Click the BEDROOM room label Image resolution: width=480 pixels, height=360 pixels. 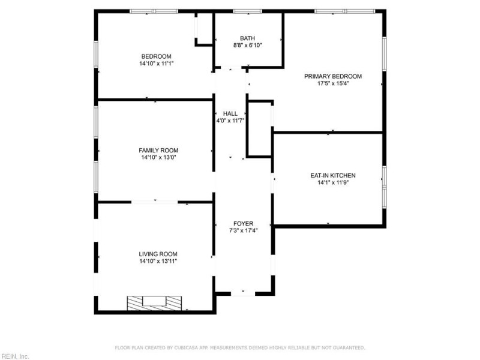156,56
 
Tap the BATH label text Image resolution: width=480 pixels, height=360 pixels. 247,37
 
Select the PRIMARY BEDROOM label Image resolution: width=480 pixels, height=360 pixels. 333,76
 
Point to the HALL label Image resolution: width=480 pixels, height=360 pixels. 230,113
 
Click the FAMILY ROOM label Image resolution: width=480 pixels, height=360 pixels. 158,151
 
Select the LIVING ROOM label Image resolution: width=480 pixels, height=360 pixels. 158,254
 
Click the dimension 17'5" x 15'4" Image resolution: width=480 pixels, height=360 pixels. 333,84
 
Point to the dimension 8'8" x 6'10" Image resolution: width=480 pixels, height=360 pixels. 247,45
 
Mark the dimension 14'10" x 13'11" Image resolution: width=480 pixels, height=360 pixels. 158,261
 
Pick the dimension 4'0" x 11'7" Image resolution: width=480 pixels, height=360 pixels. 230,121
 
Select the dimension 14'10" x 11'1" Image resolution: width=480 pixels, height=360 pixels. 156,64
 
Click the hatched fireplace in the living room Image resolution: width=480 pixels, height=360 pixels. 154,303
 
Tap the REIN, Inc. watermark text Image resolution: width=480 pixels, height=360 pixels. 15,356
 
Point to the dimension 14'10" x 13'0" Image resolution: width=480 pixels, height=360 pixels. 158,158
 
